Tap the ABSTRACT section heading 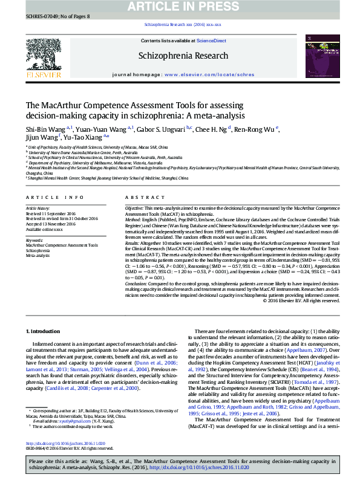[140, 198]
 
